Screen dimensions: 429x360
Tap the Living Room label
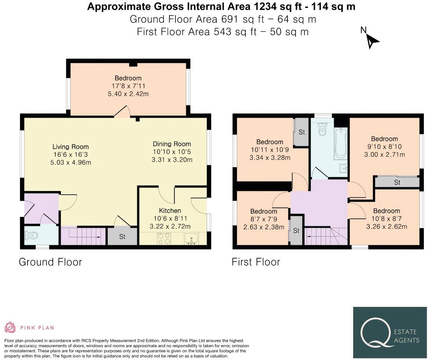pos(71,147)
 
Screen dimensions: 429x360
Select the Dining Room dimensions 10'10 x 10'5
pos(172,152)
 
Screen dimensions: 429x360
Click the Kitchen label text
pos(170,211)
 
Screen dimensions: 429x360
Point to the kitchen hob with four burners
pos(164,238)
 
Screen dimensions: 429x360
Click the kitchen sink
pos(191,238)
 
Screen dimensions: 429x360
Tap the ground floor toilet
pos(31,235)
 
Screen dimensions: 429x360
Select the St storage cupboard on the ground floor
pos(122,236)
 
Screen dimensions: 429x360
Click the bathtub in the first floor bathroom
pos(341,143)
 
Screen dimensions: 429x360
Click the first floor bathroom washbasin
pos(343,169)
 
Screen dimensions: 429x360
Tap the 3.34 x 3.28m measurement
pos(270,158)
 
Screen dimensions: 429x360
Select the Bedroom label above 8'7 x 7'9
pos(264,211)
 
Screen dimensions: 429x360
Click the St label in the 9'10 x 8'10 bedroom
pos(397,182)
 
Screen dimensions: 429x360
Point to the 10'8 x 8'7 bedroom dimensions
pos(387,219)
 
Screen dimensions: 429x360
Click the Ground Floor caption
pos(50,262)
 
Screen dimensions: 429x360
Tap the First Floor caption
pos(256,262)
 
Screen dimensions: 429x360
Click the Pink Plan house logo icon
pos(10,327)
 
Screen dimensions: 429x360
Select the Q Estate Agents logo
pos(390,333)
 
